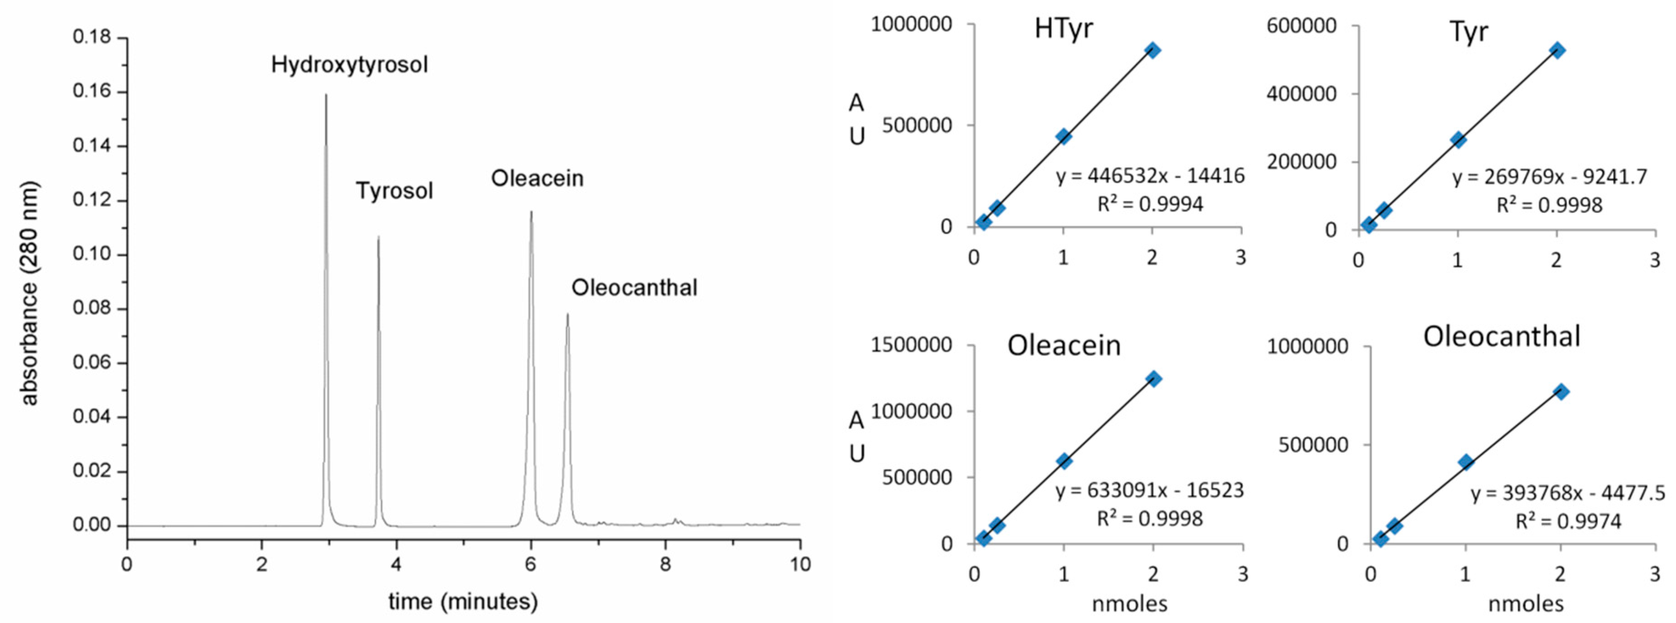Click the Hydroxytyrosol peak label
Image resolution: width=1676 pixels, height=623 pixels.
coord(350,65)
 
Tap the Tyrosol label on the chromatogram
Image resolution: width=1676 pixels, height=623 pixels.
coord(394,191)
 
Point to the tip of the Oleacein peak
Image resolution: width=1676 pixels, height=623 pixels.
coord(531,212)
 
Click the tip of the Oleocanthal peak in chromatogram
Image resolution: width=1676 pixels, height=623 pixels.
coord(567,315)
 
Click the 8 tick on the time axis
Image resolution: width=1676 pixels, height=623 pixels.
coord(665,564)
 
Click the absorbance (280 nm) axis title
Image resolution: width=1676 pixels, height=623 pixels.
coord(29,293)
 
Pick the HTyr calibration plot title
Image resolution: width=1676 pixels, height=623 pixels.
coord(1063,29)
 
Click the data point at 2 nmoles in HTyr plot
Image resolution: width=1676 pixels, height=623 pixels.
coord(1152,50)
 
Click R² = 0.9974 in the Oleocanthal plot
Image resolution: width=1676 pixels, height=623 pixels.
coord(1568,521)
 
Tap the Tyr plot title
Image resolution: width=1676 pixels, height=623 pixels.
coord(1468,31)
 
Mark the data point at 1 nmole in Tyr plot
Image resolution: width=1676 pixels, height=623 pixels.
coord(1458,140)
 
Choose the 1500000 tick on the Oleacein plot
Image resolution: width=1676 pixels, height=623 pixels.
coord(911,345)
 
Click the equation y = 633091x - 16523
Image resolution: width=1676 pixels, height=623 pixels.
coord(1149,490)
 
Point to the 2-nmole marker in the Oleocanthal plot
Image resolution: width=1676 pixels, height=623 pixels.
coord(1560,392)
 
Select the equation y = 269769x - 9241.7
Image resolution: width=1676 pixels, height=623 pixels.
coord(1549,177)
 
